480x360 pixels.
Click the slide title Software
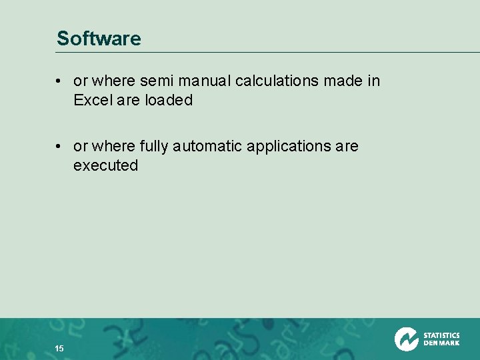point(99,39)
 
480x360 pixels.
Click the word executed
point(105,165)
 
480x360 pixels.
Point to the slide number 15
point(59,349)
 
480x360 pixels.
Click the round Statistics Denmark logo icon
point(406,339)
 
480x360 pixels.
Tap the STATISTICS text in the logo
point(441,335)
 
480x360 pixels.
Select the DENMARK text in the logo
point(441,343)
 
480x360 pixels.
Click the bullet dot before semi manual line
point(59,81)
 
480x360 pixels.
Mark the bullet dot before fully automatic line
point(59,146)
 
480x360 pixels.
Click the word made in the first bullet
point(343,81)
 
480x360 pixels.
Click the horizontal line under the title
point(267,53)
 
